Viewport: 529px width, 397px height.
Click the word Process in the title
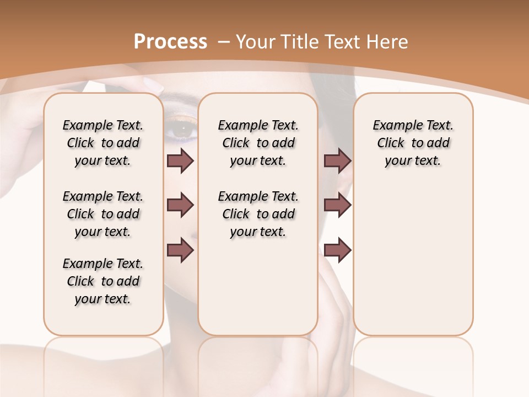click(x=170, y=42)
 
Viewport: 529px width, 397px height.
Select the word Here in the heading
click(x=386, y=42)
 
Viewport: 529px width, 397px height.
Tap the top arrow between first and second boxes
click(x=180, y=160)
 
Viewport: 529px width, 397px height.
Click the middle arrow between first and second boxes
click(x=180, y=206)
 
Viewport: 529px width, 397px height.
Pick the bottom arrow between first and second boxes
click(x=180, y=250)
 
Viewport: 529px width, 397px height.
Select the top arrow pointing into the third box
click(x=337, y=160)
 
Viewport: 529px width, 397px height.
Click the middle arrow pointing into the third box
click(x=337, y=206)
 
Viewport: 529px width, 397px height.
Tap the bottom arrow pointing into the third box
click(x=337, y=250)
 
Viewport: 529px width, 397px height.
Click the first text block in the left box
click(x=103, y=143)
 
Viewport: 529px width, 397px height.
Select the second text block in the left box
click(x=103, y=214)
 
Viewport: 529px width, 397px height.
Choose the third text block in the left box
click(x=103, y=281)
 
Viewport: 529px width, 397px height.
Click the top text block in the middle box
click(x=258, y=143)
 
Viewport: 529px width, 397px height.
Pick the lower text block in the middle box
click(x=258, y=214)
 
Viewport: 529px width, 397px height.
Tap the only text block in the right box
click(x=413, y=143)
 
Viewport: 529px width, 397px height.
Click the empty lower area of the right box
click(x=413, y=265)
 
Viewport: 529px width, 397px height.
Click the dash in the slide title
click(x=224, y=42)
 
